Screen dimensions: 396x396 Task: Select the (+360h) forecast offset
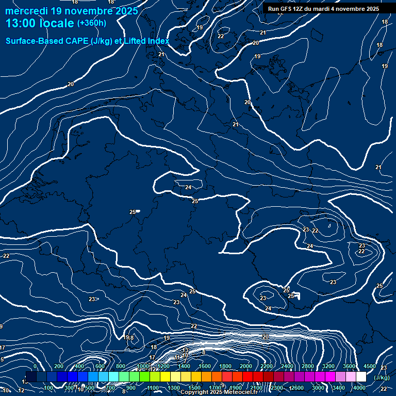pos(91,23)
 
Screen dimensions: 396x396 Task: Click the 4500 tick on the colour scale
pos(369,366)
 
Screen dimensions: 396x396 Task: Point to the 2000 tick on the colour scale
pos(246,366)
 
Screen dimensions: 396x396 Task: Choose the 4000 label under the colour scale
pos(360,388)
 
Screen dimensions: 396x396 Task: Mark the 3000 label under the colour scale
pos(318,388)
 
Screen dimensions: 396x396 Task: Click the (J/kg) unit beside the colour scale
pos(382,377)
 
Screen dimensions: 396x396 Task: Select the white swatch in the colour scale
pos(361,377)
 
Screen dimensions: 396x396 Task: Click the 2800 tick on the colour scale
pos(308,366)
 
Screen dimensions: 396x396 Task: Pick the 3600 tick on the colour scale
pos(349,366)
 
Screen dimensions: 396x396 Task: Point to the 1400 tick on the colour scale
pos(184,366)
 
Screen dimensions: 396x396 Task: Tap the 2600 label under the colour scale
pos(298,388)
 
